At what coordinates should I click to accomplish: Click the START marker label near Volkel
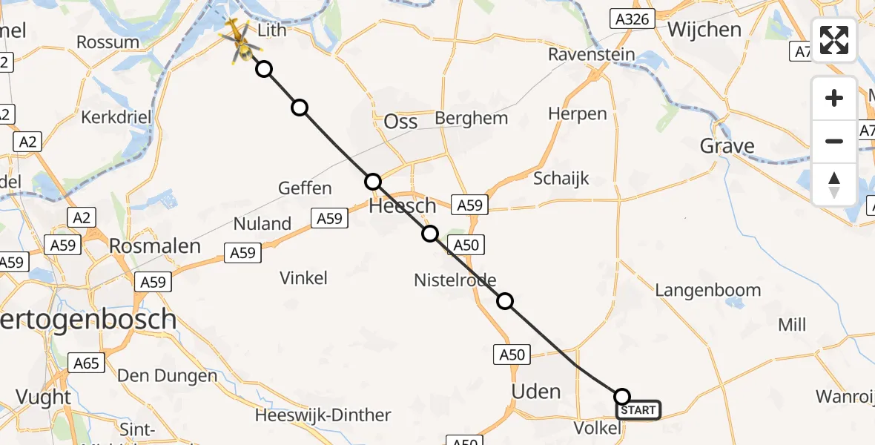coord(638,410)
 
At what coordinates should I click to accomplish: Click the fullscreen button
coord(834,40)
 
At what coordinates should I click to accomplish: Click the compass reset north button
coord(834,184)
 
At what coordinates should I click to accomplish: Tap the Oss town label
coord(401,122)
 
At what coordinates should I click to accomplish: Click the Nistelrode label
coord(455,279)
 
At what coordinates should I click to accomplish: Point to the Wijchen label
coord(704,30)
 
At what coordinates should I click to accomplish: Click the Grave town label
coord(727,146)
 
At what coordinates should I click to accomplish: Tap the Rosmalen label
coord(155,246)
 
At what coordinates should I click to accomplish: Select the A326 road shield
coord(633,19)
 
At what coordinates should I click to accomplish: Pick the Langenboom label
coord(707,290)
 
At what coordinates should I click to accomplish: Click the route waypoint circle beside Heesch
coord(373,182)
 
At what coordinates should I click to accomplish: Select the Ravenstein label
coord(592,54)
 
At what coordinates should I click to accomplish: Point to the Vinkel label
coord(303,278)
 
